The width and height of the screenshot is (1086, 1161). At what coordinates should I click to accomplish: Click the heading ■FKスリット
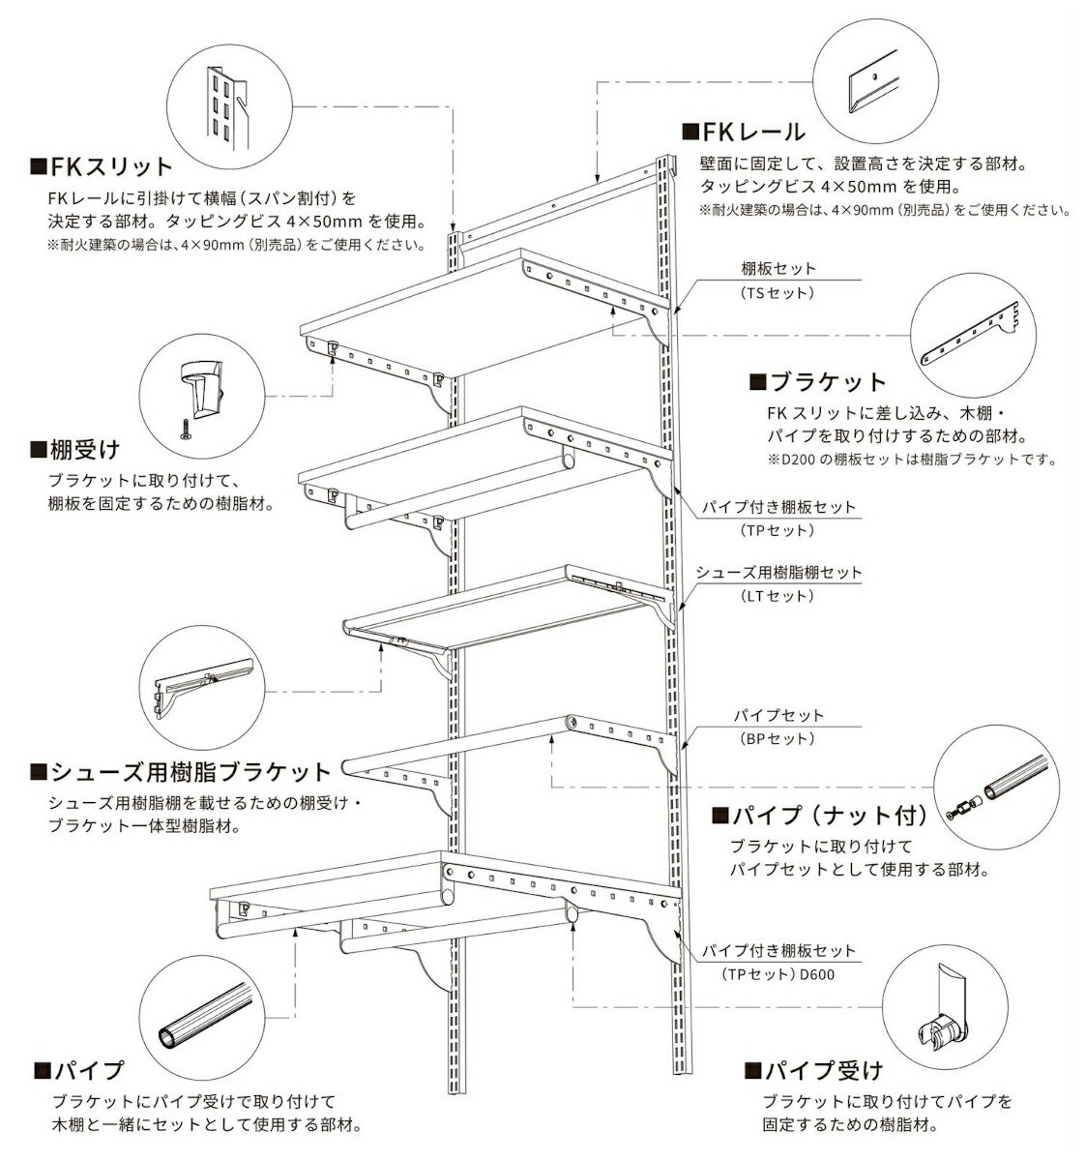point(102,166)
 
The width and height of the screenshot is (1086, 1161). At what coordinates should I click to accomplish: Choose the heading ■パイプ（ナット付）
point(819,815)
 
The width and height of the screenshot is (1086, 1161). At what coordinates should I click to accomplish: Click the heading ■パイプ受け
point(813,1070)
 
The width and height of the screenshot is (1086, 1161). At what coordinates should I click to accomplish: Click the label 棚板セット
point(779,268)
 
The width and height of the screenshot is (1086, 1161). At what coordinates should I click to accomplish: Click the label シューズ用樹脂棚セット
point(778,573)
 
